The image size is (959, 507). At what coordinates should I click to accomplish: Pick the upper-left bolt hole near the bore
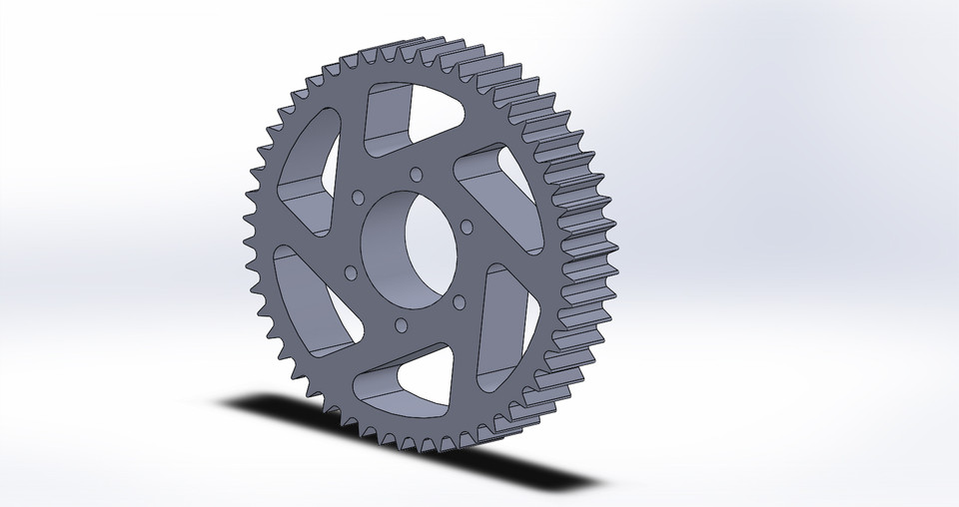(x=358, y=197)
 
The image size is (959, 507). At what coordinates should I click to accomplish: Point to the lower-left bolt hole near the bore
(x=350, y=270)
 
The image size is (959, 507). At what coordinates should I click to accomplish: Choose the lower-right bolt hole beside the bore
(x=457, y=300)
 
